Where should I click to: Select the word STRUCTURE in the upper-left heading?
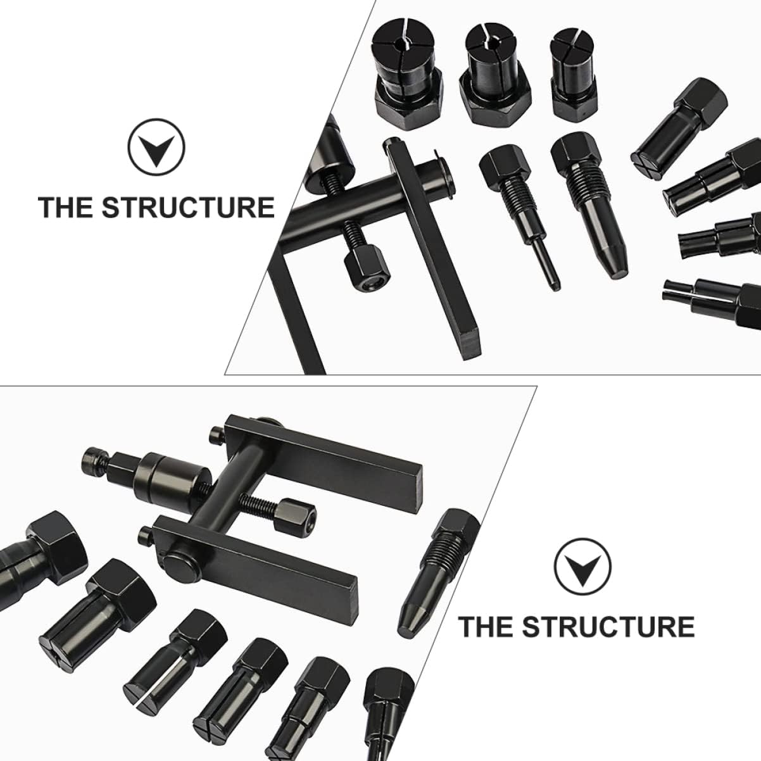(x=189, y=207)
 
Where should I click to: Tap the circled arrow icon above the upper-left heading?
(x=156, y=147)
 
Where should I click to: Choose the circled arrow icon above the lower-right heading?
(x=582, y=568)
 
